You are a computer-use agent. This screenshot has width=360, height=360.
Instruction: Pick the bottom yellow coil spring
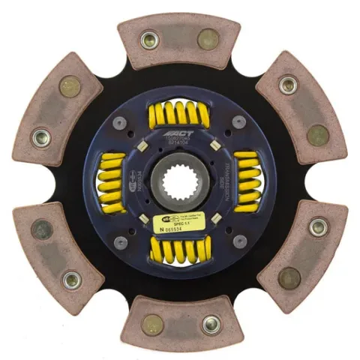(x=179, y=249)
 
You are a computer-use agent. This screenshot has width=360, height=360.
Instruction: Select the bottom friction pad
(x=180, y=322)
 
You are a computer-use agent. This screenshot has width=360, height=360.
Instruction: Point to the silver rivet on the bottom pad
(x=211, y=325)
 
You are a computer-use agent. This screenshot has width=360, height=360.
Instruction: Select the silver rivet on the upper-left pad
(x=41, y=137)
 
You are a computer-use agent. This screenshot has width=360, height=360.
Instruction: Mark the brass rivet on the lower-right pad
(x=289, y=277)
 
